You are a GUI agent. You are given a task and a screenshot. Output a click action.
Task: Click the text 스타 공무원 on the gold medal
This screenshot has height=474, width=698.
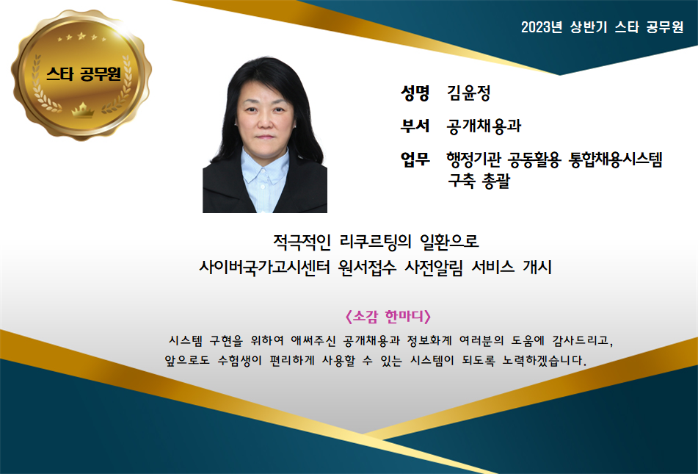(x=83, y=73)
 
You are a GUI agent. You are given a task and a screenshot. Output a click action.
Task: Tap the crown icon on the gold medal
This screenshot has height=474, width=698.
(x=83, y=109)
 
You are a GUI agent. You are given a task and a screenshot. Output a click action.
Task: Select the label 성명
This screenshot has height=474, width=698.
(x=415, y=93)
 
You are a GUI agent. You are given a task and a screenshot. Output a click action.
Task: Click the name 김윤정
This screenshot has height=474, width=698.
(x=469, y=93)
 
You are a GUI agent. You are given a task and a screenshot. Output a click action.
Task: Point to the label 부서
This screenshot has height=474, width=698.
(x=415, y=126)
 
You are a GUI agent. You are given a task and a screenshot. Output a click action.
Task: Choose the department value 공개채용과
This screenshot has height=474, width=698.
(x=484, y=126)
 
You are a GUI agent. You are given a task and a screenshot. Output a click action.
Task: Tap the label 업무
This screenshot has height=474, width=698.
(x=415, y=159)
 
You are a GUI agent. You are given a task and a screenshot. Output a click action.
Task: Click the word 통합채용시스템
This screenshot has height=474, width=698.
(x=616, y=159)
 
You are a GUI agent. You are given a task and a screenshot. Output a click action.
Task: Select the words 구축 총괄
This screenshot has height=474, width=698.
(x=479, y=181)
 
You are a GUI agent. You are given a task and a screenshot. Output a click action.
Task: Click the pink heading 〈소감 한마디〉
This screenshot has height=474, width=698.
(x=388, y=317)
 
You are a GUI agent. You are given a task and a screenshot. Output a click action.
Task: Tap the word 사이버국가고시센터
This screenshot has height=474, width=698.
(x=264, y=267)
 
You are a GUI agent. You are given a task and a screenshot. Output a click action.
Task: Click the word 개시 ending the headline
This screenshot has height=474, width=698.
(x=537, y=267)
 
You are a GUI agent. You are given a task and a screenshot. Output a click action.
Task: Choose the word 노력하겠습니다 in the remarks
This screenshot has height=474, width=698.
(x=545, y=360)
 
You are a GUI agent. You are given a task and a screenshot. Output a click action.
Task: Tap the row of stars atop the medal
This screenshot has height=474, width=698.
(x=81, y=37)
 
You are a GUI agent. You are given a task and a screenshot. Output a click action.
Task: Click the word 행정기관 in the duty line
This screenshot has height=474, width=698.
(x=473, y=159)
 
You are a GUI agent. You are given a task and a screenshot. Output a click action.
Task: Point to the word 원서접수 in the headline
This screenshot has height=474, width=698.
(x=367, y=267)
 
